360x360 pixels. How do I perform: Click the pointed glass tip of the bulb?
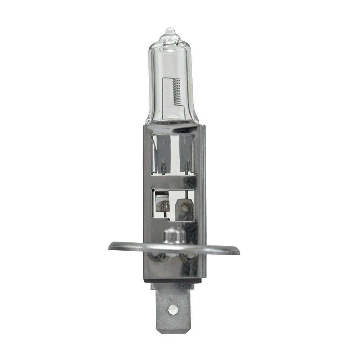[x=170, y=30]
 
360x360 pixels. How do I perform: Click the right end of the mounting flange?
[x=236, y=250]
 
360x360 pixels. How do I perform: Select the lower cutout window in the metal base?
[x=173, y=205]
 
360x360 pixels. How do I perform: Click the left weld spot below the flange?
[x=158, y=256]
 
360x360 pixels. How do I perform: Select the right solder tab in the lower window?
[x=184, y=209]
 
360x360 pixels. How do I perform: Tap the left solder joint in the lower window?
[x=165, y=206]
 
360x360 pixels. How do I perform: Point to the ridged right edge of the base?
[x=203, y=198]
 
